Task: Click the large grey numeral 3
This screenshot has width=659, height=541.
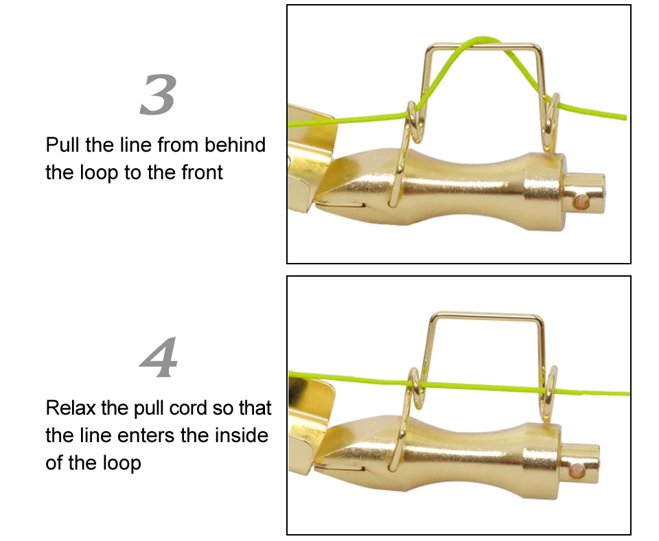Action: (x=158, y=95)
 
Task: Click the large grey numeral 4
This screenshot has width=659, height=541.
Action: (x=159, y=356)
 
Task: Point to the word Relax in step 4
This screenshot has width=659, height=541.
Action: (x=71, y=408)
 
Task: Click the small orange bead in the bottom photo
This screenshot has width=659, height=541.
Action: (x=577, y=471)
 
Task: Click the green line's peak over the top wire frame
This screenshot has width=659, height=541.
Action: (x=483, y=38)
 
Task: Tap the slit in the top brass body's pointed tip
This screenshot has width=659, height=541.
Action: (x=340, y=205)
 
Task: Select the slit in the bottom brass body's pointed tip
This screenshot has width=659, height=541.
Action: (x=340, y=467)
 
